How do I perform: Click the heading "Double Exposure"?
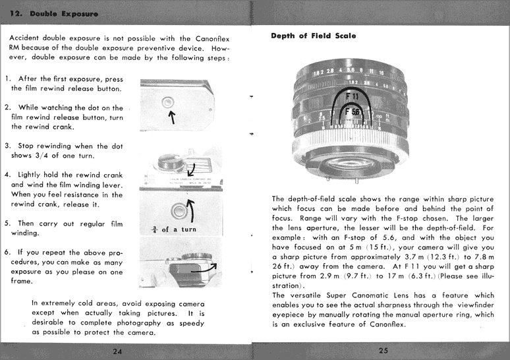63,13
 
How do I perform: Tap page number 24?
117,350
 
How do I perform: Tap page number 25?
383,350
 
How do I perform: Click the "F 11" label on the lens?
353,96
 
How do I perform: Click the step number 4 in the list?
7,175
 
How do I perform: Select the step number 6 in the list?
7,252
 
